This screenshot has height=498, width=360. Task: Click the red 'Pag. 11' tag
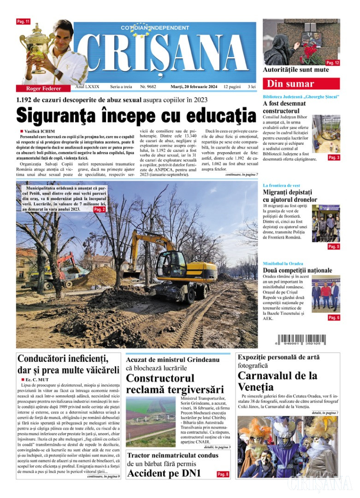tap(24, 22)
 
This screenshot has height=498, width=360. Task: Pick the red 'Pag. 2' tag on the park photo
tap(100, 209)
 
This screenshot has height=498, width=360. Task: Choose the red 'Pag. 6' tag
tap(334, 318)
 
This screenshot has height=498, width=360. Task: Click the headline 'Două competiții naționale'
tap(297, 270)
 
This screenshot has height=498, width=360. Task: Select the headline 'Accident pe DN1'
tap(164, 474)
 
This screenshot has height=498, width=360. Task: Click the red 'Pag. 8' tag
tap(223, 474)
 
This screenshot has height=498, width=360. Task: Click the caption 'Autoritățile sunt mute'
tap(296, 70)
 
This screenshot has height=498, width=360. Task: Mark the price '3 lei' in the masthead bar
tap(252, 87)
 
